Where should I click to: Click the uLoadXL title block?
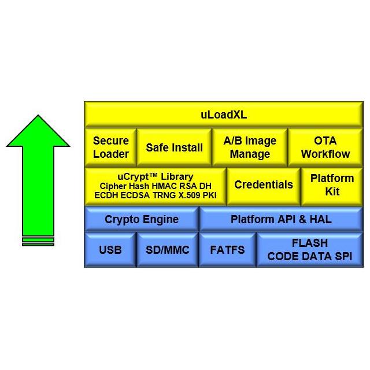tap(223, 114)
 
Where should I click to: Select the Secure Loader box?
tap(110, 147)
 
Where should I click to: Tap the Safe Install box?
tap(174, 147)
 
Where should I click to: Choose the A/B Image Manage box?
tap(250, 147)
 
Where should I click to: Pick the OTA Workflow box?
tap(325, 147)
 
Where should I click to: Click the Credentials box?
tap(264, 185)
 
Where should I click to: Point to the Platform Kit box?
tap(332, 185)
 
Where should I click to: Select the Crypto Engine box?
tap(142, 220)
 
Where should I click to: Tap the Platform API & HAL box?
tap(281, 220)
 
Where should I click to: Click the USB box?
tap(110, 250)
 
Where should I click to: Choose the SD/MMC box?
tap(167, 250)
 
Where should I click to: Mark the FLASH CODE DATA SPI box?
tap(309, 250)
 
